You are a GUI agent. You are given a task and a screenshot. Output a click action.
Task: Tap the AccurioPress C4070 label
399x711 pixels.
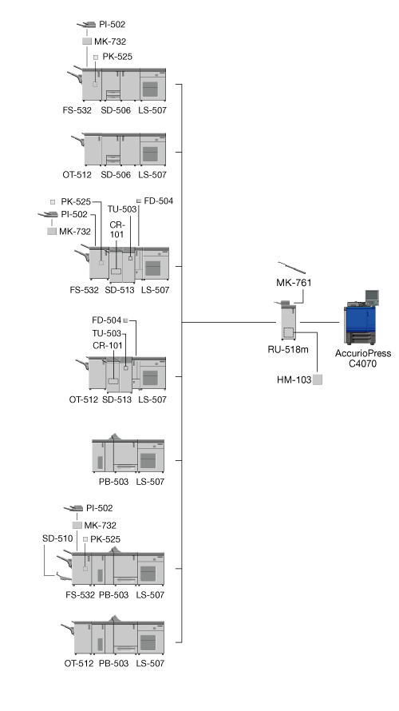click(363, 358)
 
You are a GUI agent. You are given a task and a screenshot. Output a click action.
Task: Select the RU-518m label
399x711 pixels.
click(289, 350)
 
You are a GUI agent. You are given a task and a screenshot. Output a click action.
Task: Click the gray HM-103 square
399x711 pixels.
click(318, 380)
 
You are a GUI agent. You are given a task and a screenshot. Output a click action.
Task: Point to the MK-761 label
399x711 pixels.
click(294, 283)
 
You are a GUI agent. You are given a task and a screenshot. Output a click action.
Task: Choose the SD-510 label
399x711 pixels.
click(57, 538)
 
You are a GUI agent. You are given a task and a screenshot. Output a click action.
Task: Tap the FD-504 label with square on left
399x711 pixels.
click(159, 201)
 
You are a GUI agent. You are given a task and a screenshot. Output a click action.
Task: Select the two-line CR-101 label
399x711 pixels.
click(117, 230)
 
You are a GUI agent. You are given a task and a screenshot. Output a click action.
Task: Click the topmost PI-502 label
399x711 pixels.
click(112, 25)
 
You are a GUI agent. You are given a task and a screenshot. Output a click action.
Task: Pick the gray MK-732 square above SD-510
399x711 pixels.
click(77, 526)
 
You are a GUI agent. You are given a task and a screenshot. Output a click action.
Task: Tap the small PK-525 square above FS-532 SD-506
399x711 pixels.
click(96, 58)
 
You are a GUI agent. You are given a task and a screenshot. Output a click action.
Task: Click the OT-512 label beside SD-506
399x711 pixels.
click(77, 175)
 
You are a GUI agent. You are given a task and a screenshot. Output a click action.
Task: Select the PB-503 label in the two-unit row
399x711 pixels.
click(113, 482)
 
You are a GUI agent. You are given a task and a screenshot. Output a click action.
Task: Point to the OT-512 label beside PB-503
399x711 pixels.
click(79, 664)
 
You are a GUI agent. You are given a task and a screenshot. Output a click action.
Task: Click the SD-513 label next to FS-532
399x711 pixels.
click(120, 290)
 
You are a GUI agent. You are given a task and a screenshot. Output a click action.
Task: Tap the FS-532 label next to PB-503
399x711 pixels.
click(80, 595)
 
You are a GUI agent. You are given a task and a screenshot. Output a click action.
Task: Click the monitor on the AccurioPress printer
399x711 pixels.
click(373, 296)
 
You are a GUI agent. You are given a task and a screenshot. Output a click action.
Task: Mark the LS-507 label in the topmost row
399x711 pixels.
click(152, 110)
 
